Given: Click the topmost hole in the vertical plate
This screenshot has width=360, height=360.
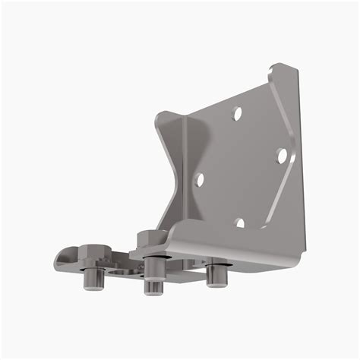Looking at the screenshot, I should click(x=237, y=114).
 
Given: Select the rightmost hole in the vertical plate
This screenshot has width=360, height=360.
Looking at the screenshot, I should click(x=280, y=155).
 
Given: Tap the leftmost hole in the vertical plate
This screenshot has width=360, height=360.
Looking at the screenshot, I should click(x=199, y=180).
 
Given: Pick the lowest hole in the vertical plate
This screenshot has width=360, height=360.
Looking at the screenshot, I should click(x=239, y=223).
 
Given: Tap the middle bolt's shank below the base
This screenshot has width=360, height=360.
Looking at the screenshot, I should click(x=153, y=286).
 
